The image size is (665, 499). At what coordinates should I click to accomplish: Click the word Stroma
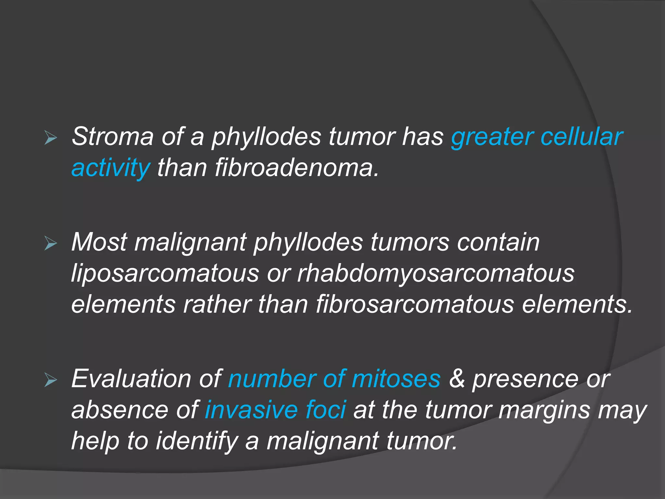pos(112,137)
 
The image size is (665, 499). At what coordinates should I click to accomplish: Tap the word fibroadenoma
pos(297,168)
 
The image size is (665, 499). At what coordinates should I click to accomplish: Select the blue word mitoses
pos(396,378)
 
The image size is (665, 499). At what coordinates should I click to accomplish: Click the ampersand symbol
pos(457,378)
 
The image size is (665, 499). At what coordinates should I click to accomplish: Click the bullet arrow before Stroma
pos(51,138)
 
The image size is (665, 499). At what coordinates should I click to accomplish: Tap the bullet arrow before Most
pos(51,244)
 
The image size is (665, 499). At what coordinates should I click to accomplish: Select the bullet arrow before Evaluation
pos(51,380)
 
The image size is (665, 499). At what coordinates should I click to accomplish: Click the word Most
pos(99,242)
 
